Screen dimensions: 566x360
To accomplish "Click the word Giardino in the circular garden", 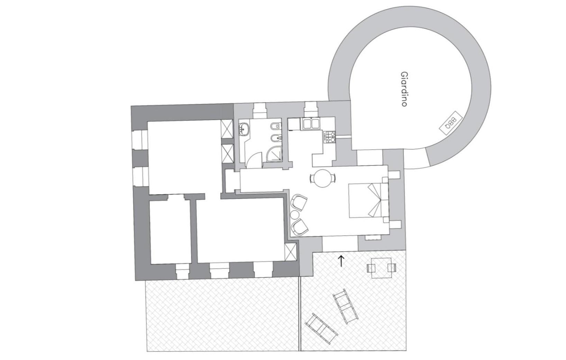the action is click(x=404, y=89).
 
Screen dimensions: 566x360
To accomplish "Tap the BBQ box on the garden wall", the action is click(x=451, y=123).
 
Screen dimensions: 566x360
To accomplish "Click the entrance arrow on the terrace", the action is click(x=341, y=261).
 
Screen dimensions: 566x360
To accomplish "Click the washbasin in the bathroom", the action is click(x=244, y=129).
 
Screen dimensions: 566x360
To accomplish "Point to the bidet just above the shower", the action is click(x=275, y=138).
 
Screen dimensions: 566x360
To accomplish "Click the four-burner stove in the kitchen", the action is click(x=330, y=137).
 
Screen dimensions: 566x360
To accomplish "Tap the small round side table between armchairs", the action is click(x=295, y=215).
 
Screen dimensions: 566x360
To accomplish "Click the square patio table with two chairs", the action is click(x=381, y=268).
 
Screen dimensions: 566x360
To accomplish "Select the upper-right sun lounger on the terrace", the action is click(x=345, y=306).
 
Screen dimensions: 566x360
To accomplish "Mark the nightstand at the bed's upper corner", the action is click(x=385, y=180).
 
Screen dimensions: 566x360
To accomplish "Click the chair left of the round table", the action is click(x=312, y=178).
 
